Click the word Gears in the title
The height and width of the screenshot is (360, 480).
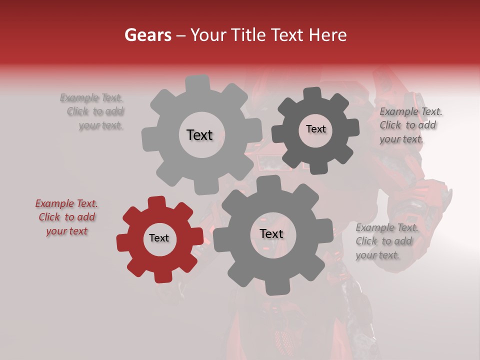pos(147,35)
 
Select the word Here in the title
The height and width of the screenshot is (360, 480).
pos(327,35)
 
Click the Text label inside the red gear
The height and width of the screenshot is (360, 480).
pos(159,238)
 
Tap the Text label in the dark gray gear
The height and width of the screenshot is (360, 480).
pos(315,129)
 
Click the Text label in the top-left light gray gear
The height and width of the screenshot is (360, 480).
pos(199,135)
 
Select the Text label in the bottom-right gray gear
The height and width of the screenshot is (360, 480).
pos(271,234)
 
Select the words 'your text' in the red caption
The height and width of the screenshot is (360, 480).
pos(66,231)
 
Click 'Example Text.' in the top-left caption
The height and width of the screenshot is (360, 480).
pos(91,98)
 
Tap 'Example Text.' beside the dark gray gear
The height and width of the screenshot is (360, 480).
pos(411,111)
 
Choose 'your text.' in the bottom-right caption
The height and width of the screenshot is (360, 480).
pos(377,255)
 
